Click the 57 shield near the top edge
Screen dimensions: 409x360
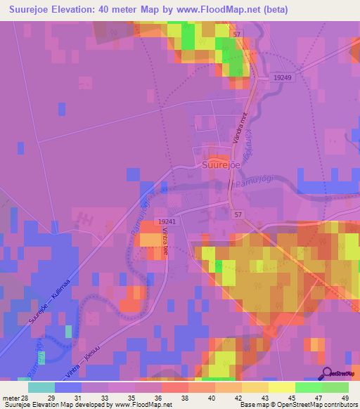point(238,34)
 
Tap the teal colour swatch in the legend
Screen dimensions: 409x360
point(41,387)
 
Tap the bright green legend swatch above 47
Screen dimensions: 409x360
point(308,387)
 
